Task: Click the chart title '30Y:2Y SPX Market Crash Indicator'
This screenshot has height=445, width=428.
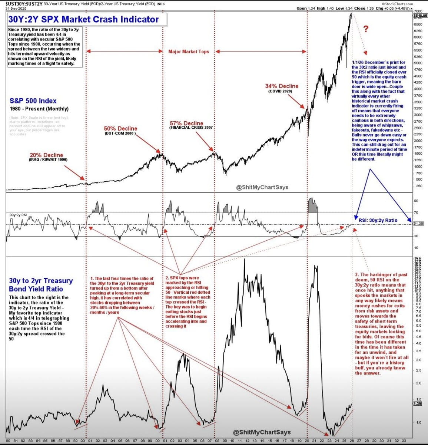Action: point(83,19)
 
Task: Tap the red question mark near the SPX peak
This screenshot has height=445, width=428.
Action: point(366,29)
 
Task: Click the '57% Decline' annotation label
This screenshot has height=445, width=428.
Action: point(186,123)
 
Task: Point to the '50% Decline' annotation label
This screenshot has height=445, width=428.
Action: point(120,129)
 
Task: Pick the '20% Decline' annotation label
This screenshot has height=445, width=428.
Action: point(46,155)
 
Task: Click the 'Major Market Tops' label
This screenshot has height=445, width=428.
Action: point(189,52)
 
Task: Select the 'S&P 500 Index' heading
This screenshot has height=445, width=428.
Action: point(33,100)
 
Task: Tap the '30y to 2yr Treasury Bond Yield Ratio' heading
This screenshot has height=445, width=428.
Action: point(41,285)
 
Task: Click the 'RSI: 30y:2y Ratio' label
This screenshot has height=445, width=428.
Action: point(378,220)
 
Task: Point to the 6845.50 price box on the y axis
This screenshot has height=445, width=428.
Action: point(420,16)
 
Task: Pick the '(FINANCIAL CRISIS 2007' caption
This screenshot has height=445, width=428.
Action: point(191,128)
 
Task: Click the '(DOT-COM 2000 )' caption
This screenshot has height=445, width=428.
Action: point(120,133)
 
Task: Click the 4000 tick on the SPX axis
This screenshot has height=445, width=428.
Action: point(417,89)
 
